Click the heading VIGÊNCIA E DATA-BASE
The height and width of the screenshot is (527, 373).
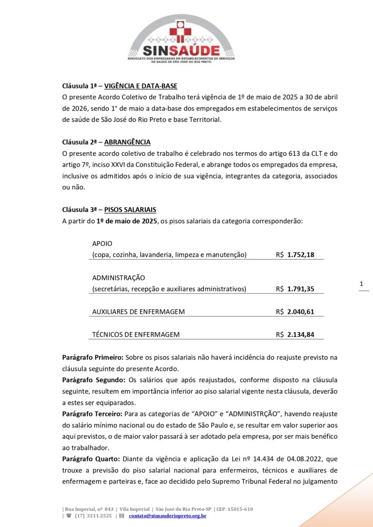coord(140,86)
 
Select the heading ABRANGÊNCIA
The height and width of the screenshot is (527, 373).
coord(127,142)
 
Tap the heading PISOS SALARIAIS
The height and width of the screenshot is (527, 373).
coord(130,210)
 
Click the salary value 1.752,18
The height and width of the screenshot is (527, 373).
coord(301,255)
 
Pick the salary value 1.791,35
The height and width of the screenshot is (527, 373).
coord(301,289)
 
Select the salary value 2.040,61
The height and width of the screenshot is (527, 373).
coord(301,312)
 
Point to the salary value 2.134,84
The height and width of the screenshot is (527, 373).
coord(301,334)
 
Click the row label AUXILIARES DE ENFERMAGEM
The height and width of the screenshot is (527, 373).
coord(138,312)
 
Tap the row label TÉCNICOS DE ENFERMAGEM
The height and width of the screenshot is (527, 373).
coord(136,334)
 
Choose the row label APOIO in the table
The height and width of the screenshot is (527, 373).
coord(102,244)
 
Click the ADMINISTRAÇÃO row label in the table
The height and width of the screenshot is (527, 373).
coord(119,278)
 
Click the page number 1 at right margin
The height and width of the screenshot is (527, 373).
coord(361,283)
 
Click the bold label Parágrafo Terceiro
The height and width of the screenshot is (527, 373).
coord(92,413)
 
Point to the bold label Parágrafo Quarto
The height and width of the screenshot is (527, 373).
coord(90,459)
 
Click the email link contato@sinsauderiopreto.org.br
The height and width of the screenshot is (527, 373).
coord(168,516)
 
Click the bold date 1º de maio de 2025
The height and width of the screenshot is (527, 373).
coord(127,221)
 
